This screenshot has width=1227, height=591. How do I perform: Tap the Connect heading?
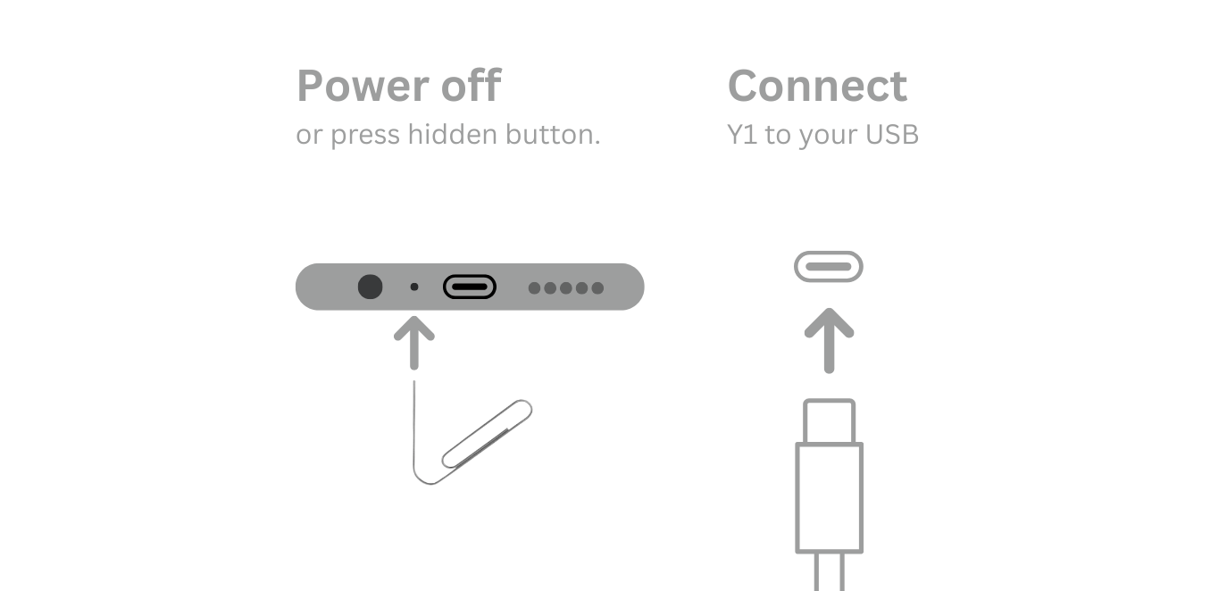(x=817, y=87)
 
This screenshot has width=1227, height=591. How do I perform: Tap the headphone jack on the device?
(x=370, y=287)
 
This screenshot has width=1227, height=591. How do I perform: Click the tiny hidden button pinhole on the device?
(x=413, y=287)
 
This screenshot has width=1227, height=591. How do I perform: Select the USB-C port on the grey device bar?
(x=470, y=287)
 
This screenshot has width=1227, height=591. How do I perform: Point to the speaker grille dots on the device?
(x=566, y=287)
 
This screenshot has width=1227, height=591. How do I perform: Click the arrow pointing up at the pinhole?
(x=413, y=344)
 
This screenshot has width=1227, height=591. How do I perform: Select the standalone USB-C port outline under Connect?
(x=829, y=266)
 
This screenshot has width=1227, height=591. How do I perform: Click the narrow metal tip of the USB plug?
(x=830, y=421)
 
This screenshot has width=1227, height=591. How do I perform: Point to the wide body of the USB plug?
(x=830, y=497)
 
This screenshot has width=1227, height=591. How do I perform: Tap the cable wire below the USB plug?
(x=830, y=573)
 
